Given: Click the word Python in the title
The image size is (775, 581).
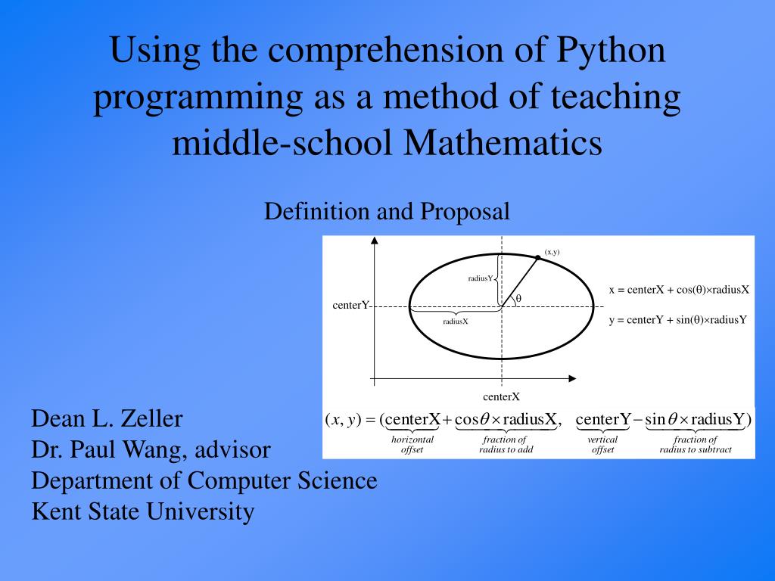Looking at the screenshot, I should tap(611, 52).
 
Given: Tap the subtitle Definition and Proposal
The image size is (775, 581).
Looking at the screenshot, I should tap(387, 212).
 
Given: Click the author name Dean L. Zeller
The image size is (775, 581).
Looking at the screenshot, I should tap(107, 418).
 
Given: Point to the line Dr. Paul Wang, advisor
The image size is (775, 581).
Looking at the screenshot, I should tap(151, 450).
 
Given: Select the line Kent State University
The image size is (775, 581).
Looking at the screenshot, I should tap(142, 512).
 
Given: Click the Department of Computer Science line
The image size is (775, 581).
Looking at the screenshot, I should tap(204, 480).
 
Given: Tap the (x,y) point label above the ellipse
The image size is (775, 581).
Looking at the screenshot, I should tap(552, 252).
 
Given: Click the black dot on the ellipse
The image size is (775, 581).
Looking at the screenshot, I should tap(538, 258).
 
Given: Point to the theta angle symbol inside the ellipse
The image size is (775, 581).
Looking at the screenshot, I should tap(518, 299).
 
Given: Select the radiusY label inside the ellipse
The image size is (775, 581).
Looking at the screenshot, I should tap(480, 278).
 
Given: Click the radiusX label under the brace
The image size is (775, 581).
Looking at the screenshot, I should tap(456, 322).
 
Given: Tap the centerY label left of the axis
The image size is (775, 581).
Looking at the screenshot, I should tap(350, 306).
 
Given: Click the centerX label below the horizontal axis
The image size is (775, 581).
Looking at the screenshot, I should tap(501, 396).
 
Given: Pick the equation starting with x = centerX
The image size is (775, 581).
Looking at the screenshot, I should tap(679, 290).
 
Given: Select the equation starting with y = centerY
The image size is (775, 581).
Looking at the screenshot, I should tap(677, 319).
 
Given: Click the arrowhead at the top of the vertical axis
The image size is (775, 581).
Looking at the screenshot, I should tap(374, 241).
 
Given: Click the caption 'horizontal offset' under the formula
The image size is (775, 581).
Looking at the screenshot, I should tap(412, 445).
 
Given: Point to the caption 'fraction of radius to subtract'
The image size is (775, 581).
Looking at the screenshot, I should tap(696, 445).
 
